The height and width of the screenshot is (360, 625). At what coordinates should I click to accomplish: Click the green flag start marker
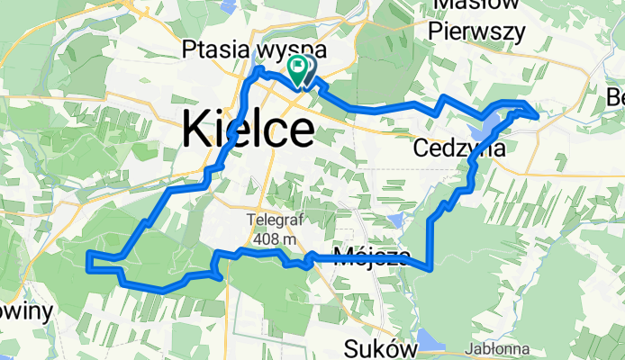pos(297,67)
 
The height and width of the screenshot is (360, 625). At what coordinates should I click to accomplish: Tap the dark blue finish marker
pos(308,68)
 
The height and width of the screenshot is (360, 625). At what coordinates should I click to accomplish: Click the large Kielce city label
pos(248,129)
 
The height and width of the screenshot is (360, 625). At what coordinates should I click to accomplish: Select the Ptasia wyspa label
pos(254,49)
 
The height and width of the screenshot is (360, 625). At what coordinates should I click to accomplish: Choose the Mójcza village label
pos(371,257)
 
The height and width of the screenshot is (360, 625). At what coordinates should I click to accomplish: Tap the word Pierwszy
pos(476,31)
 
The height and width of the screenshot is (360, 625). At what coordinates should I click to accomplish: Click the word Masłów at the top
pos(477,5)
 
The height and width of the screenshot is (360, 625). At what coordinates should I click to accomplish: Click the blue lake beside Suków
pos(431,341)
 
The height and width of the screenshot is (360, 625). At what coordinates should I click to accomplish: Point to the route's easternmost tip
pos(538,114)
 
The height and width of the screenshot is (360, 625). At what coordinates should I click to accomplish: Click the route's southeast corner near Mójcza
pos(431,267)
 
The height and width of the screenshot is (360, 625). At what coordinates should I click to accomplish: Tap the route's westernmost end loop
pos(89,262)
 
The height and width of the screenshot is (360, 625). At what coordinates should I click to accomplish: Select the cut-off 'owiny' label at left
pos(26,310)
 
